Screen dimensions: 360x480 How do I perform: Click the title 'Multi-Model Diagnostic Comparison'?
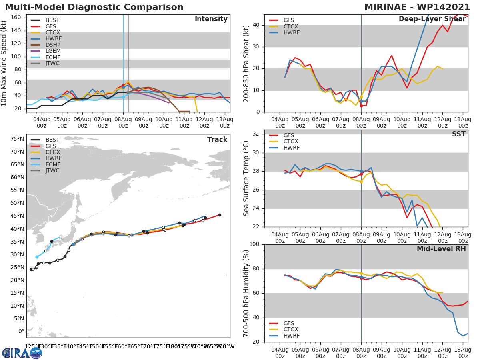94,7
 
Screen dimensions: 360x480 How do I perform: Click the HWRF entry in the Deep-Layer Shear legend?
291,32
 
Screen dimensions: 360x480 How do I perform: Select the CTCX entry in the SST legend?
291,141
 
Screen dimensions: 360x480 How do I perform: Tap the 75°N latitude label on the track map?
17,139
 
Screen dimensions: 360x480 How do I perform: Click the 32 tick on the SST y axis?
257,134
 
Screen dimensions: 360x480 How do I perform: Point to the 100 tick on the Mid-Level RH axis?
254,244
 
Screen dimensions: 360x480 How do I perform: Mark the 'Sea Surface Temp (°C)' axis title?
246,178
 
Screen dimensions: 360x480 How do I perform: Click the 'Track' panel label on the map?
217,140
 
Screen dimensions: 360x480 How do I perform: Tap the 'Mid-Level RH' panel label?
441,249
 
